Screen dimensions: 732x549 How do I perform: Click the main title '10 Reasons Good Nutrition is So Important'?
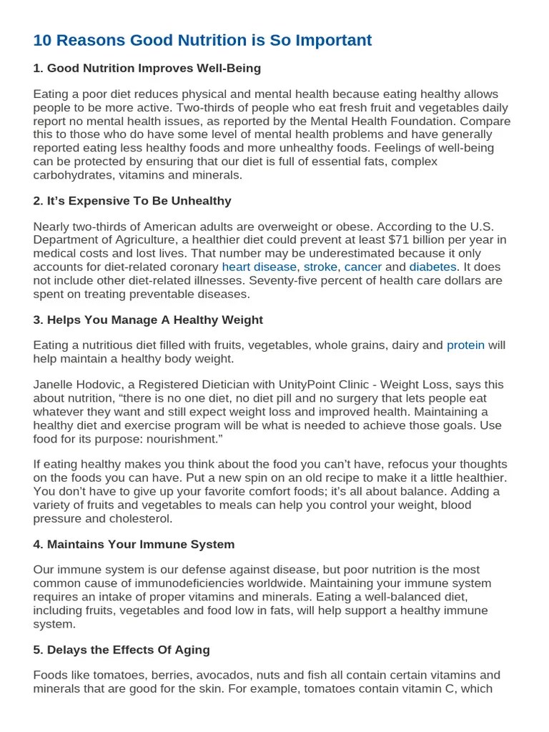click(202, 41)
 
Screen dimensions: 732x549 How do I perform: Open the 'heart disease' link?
click(259, 267)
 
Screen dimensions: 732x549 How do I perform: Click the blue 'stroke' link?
click(320, 267)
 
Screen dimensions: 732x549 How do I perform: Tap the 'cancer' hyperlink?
click(363, 267)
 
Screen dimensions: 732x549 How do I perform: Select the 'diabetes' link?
click(432, 267)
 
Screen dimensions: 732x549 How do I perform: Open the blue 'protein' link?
click(465, 345)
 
